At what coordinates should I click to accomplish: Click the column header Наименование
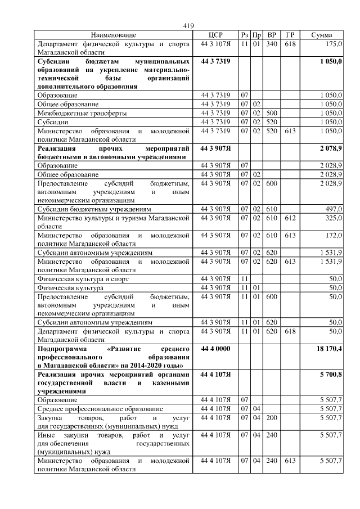(114, 35)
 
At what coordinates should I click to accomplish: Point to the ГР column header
(290, 35)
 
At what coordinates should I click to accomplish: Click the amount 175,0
(334, 43)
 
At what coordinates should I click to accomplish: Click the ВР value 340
(272, 43)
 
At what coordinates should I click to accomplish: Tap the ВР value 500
(272, 112)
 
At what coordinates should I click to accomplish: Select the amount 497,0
(334, 209)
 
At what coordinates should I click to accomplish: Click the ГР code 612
(290, 217)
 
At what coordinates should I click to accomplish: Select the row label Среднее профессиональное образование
(100, 408)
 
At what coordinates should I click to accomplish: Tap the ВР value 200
(272, 417)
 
